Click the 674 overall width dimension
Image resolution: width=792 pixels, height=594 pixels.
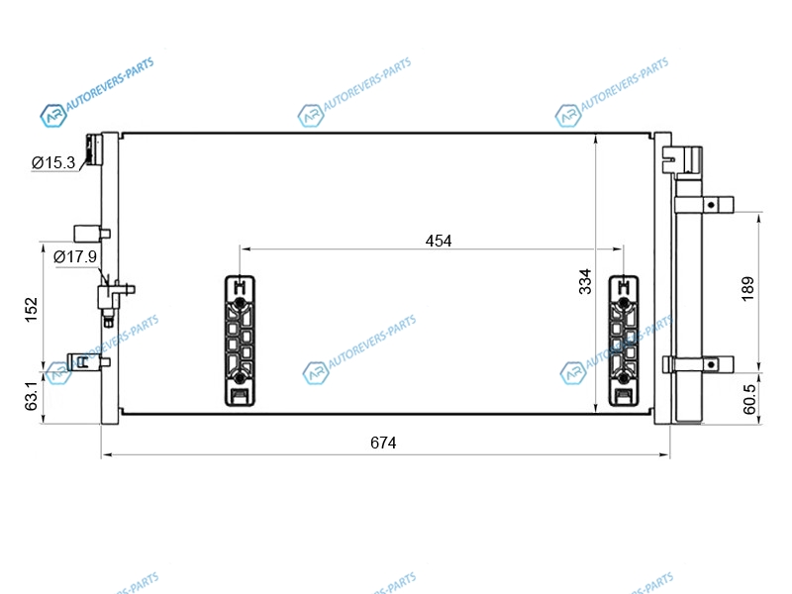coord(383,443)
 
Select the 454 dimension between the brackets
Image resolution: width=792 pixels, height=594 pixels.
coord(439,241)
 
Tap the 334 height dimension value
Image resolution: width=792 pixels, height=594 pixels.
coord(585,281)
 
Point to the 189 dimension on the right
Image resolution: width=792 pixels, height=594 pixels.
coord(748,288)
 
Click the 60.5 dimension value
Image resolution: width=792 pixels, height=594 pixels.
coord(749,399)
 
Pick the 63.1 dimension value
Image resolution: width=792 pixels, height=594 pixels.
coord(32,396)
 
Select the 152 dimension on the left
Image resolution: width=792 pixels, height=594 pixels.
coord(32,310)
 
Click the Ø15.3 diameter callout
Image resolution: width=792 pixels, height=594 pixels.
coord(53,162)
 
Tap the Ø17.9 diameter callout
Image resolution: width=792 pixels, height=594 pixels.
coord(75,256)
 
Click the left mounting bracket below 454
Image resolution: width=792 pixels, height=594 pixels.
coord(240,341)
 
